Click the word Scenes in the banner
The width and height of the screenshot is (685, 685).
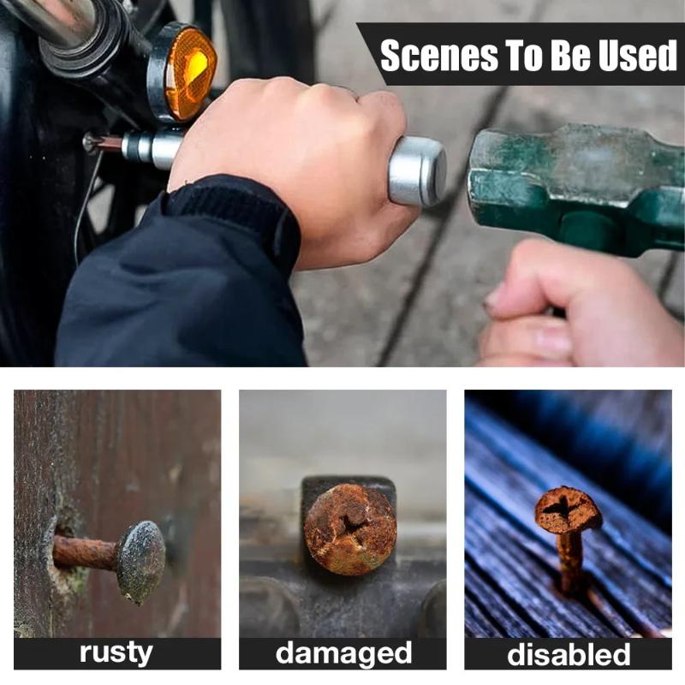(x=439, y=56)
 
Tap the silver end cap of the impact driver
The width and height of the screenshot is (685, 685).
(x=416, y=170)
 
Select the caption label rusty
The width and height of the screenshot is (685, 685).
(x=116, y=652)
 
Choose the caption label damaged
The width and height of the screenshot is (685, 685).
(x=343, y=653)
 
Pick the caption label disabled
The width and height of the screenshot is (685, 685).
(x=569, y=654)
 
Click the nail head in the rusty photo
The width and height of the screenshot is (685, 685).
(x=140, y=561)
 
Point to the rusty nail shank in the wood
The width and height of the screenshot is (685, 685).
(x=85, y=552)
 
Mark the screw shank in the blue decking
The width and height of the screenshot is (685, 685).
(x=571, y=563)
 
